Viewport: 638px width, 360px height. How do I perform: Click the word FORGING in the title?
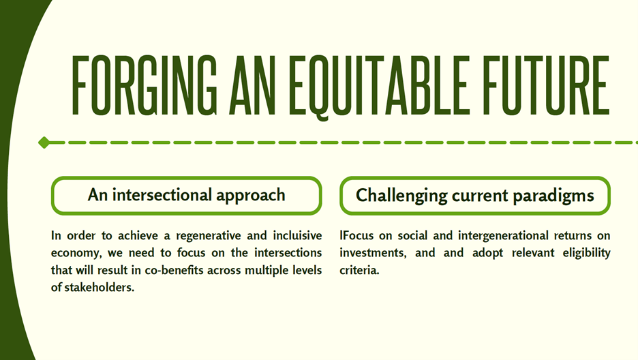[x=145, y=85]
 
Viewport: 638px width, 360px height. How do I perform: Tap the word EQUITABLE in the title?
[x=378, y=87]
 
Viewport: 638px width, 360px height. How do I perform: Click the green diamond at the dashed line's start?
[x=44, y=142]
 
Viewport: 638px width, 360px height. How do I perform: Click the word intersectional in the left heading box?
[x=162, y=195]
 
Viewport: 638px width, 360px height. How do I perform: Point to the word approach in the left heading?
[x=251, y=196]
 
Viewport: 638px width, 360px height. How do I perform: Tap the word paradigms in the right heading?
[x=553, y=196]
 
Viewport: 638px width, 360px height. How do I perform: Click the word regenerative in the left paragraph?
[x=209, y=236]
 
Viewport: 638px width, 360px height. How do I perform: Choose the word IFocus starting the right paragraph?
[x=357, y=235]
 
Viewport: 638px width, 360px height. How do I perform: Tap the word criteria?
[x=359, y=270]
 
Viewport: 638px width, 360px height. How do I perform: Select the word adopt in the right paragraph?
[x=487, y=253]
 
